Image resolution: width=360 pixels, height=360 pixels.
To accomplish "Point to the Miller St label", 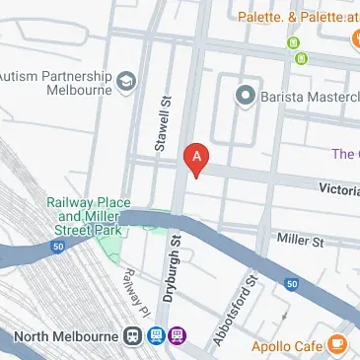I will [300, 241].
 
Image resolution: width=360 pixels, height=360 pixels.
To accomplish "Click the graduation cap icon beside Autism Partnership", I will [125, 78].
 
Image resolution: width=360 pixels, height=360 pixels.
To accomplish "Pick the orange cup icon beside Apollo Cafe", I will [337, 344].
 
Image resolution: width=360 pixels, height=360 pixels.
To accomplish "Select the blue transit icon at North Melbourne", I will [155, 336].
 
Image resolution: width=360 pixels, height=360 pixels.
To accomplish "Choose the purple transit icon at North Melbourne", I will [177, 336].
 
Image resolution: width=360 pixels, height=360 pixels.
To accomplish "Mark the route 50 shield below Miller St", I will [292, 284].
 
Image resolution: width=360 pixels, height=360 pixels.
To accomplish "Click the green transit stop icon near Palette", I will [292, 42].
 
